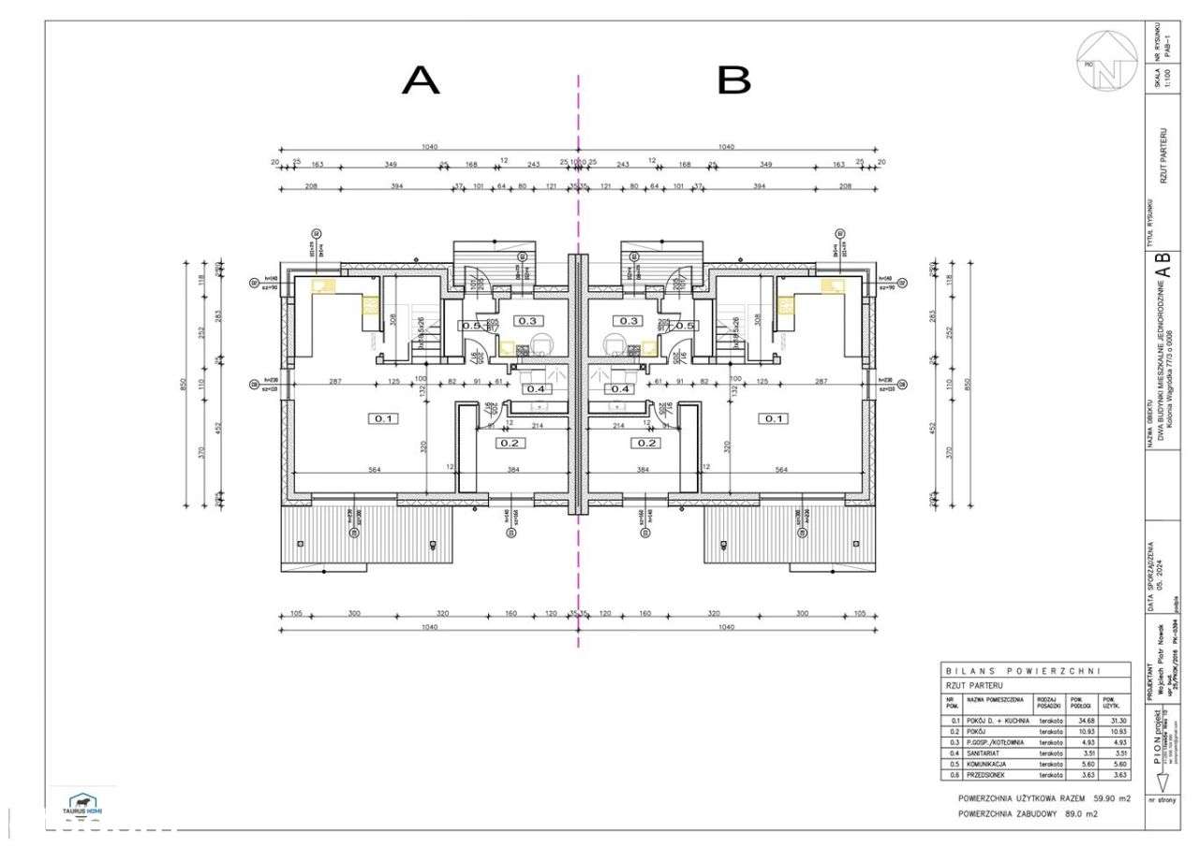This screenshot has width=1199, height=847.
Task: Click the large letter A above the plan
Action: coord(421,81)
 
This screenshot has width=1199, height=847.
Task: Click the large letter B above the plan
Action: coord(733,81)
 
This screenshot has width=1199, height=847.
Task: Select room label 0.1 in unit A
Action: coord(383,418)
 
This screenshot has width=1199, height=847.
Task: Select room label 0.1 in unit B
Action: coord(774,418)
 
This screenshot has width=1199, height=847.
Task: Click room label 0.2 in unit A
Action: coord(511,443)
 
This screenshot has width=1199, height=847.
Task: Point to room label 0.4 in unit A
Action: coord(536,388)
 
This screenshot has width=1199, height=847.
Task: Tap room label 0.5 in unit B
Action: coord(685,326)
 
